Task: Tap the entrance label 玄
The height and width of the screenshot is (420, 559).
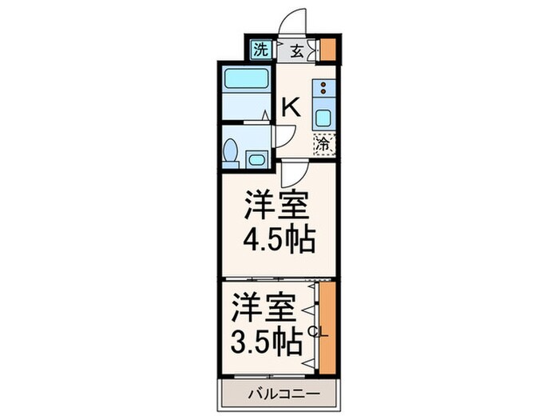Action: (x=296, y=51)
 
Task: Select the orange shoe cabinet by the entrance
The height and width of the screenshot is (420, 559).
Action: (x=327, y=50)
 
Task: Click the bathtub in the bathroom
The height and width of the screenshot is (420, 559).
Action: (x=246, y=81)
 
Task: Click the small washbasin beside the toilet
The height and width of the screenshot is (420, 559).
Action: (x=256, y=158)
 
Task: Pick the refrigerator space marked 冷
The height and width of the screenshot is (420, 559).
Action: (x=323, y=145)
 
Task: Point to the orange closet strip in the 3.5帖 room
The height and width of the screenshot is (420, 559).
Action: (x=327, y=328)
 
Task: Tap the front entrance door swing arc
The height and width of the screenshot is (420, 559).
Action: (x=293, y=22)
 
